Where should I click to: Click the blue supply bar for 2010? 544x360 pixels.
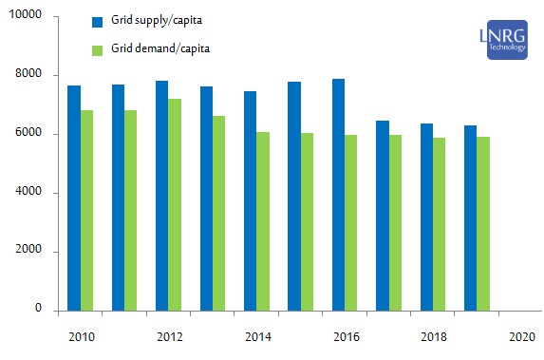click(74, 198)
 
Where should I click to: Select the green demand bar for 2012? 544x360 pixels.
click(175, 204)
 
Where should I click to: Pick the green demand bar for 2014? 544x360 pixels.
click(263, 220)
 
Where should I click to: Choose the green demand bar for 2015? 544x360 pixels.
click(307, 221)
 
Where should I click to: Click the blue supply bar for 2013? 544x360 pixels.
click(206, 198)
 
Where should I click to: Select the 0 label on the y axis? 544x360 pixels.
click(38, 310)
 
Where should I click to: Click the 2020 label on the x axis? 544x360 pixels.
click(521, 337)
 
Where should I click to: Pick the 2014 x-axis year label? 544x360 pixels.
click(257, 337)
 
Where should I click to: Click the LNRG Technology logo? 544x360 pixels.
click(506, 41)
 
